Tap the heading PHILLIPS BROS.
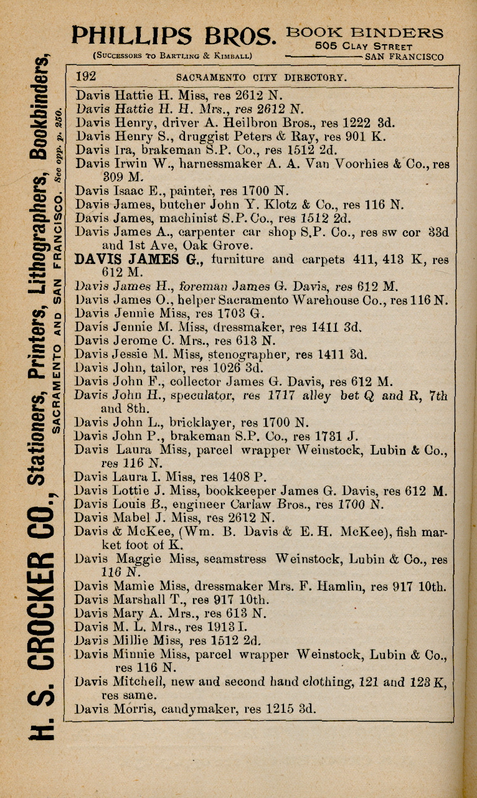tap(174, 35)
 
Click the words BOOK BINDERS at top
tap(365, 33)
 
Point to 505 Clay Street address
tap(364, 46)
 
